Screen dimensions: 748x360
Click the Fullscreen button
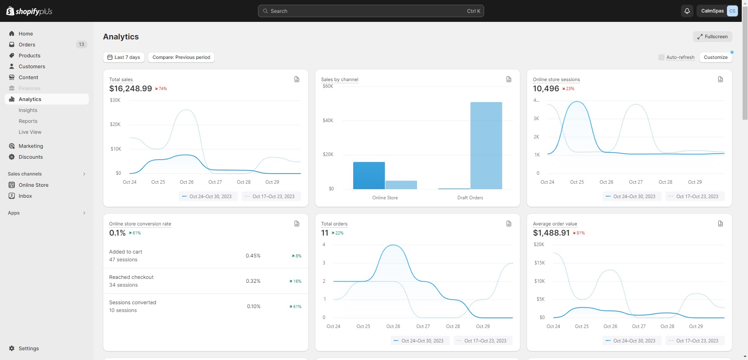[x=713, y=37]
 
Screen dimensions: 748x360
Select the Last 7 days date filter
[x=124, y=57]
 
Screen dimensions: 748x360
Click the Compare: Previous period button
[x=181, y=57]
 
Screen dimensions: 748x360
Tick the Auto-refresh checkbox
[x=661, y=57]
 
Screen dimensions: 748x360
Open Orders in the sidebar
[x=27, y=44]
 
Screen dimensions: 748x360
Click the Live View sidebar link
[x=30, y=132]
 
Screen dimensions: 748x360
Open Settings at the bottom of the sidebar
[x=29, y=348]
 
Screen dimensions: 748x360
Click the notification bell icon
[x=687, y=11]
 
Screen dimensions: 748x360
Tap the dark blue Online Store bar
[x=369, y=176]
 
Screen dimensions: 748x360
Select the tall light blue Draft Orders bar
[x=486, y=145]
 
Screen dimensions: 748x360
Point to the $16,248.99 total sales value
[x=131, y=89]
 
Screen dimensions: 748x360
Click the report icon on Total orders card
[x=509, y=223]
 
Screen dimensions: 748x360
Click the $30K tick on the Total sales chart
[x=115, y=100]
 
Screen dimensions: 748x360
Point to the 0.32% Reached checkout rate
[x=253, y=281]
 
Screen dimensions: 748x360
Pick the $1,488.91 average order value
[x=551, y=233]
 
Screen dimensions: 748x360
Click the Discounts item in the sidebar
[x=31, y=157]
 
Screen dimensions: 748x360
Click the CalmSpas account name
[x=712, y=11]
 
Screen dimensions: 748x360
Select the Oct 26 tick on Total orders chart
[x=393, y=326]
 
